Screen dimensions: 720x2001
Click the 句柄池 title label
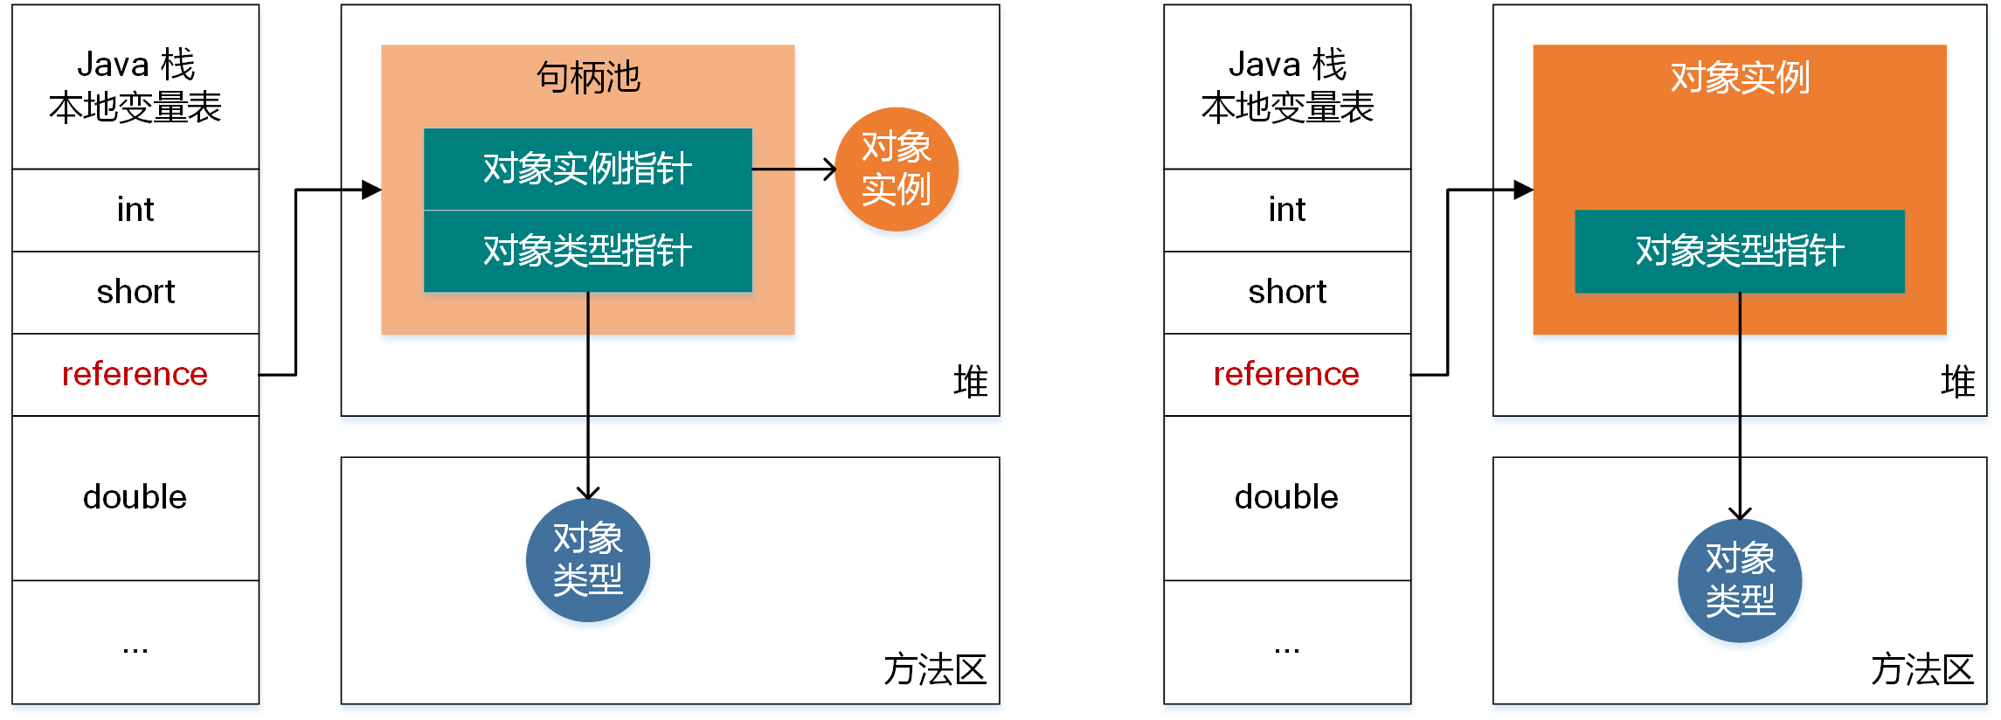[588, 78]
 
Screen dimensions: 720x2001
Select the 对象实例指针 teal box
[587, 169]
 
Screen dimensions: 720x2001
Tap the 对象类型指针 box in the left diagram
[587, 251]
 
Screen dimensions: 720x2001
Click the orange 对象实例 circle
[897, 169]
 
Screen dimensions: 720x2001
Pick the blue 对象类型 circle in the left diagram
[587, 559]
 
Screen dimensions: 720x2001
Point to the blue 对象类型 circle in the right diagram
[1739, 580]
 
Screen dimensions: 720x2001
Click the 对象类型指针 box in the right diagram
[1739, 251]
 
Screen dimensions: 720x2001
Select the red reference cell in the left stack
[135, 374]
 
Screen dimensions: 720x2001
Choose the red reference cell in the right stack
[1286, 374]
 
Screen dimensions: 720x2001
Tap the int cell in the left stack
[135, 210]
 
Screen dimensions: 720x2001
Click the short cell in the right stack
[1286, 292]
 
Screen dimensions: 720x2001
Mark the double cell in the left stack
[135, 497]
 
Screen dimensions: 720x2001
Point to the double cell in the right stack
[1286, 497]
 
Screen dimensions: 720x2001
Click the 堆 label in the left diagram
[970, 382]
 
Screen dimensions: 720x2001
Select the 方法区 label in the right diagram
[1921, 670]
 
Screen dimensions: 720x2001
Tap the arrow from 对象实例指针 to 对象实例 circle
[793, 170]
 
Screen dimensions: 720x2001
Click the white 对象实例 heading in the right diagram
[1739, 78]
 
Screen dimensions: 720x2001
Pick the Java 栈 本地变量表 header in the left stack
[135, 87]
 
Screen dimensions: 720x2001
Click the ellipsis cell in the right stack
[1286, 647]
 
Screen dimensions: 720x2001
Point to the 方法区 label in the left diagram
[934, 670]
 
